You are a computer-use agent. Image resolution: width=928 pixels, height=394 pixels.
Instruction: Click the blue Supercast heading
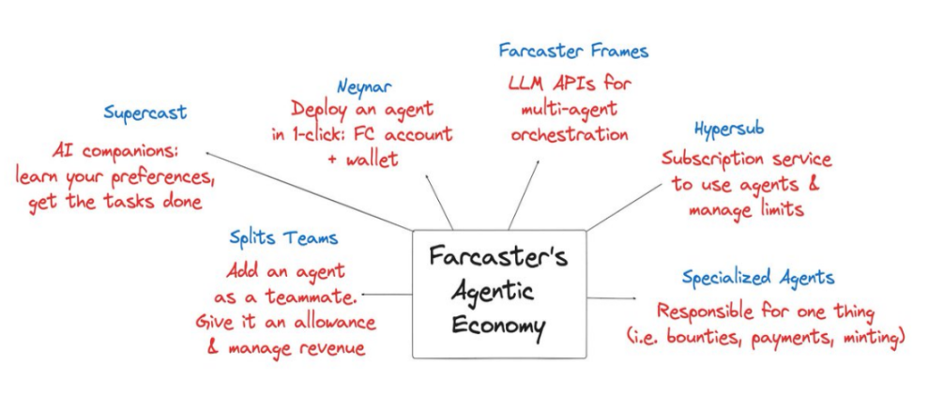(145, 113)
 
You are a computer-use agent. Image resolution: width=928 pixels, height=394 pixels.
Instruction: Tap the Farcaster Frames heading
(573, 50)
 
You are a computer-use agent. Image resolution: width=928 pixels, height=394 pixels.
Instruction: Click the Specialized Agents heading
(758, 278)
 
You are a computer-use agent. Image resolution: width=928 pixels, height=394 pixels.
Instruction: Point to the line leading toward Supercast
(310, 191)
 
